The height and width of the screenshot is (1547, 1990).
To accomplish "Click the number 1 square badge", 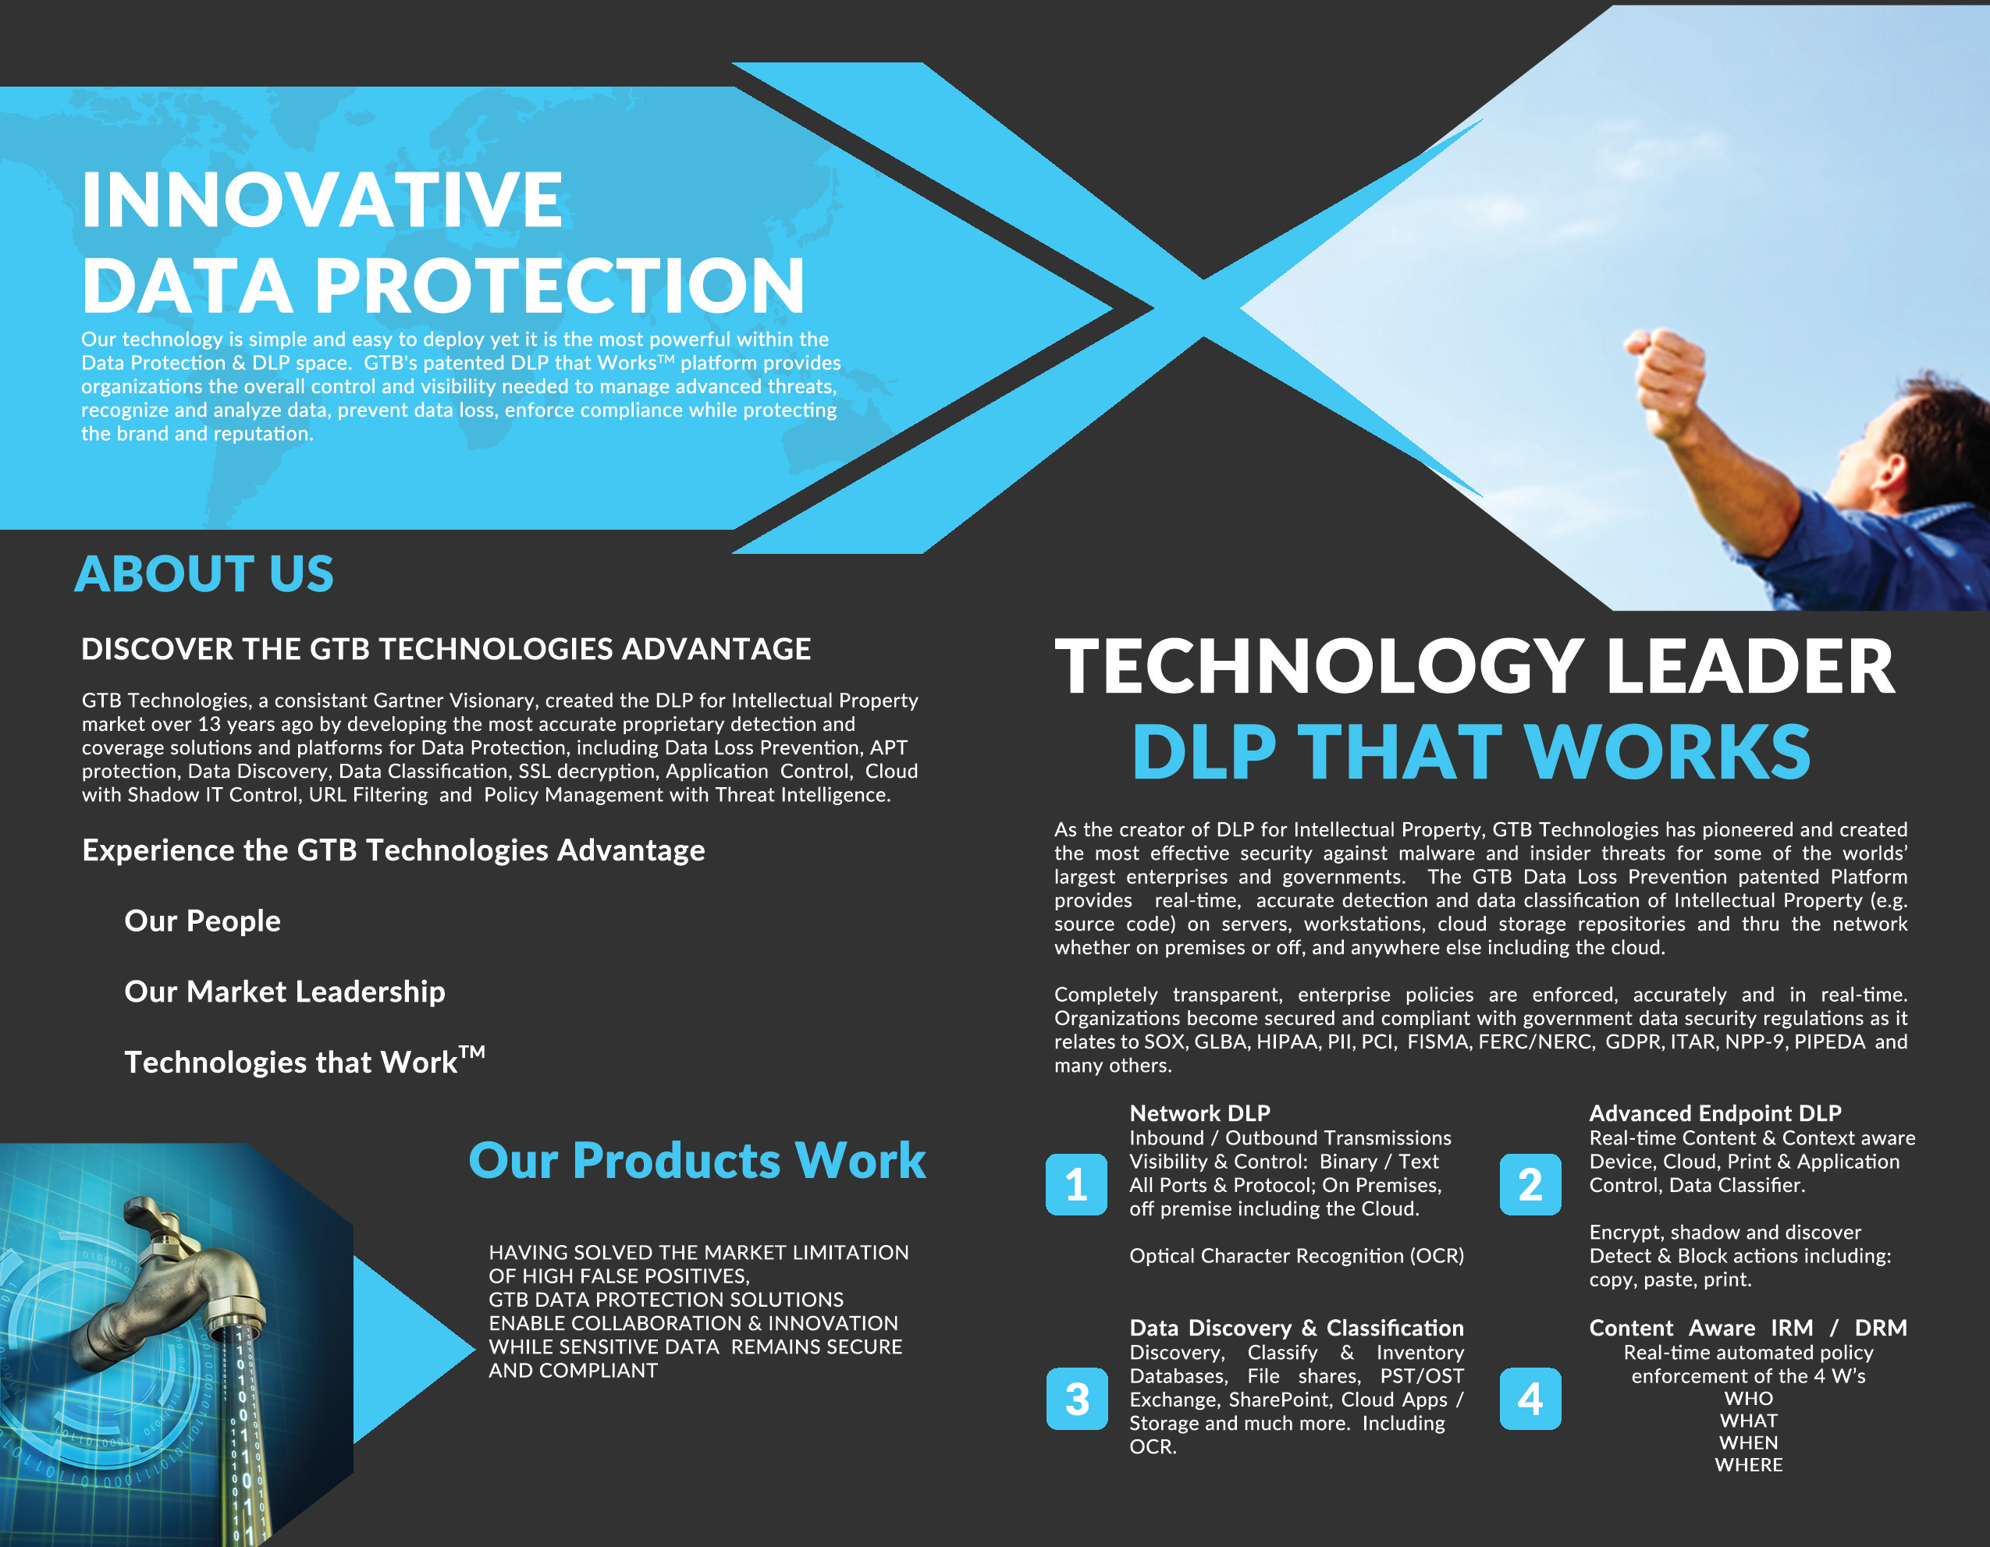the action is (x=1076, y=1184).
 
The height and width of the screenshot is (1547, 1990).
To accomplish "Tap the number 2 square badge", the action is (x=1530, y=1184).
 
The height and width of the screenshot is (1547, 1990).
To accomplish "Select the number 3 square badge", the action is (x=1076, y=1399).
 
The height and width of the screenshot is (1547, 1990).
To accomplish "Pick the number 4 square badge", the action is (x=1530, y=1399).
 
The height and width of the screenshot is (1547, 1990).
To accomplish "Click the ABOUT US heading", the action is (x=204, y=574).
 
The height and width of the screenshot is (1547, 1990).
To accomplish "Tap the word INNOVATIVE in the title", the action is (x=322, y=200).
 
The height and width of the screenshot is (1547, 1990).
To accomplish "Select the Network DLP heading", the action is (x=1199, y=1112).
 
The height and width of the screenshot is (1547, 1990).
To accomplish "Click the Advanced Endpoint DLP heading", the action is (x=1715, y=1112).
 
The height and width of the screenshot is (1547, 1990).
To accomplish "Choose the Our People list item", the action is (x=202, y=921).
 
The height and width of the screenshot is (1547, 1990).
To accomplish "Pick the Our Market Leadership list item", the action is (x=284, y=992).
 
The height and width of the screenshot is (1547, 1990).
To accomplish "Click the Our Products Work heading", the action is (x=697, y=1160).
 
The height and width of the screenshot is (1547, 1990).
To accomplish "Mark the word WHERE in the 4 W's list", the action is (x=1749, y=1465).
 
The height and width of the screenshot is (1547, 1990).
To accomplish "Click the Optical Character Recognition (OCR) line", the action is (x=1296, y=1255).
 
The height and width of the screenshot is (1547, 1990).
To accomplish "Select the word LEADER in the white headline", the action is (x=1750, y=666).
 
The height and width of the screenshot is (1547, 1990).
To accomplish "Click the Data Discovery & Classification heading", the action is (x=1296, y=1328).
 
